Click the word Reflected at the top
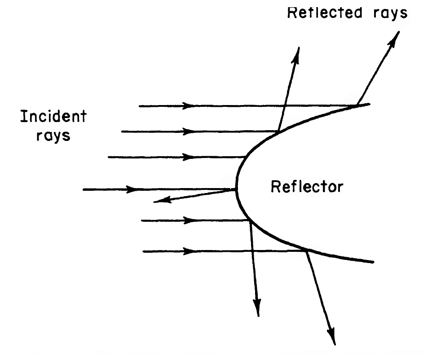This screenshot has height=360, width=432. (x=324, y=13)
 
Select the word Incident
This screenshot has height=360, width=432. (x=53, y=116)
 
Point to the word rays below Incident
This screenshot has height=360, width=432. (x=53, y=136)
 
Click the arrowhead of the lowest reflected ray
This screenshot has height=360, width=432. (x=331, y=336)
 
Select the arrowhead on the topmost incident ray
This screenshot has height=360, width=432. (x=188, y=105)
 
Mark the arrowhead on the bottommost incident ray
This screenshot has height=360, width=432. (x=189, y=251)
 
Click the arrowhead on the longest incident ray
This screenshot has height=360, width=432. (x=132, y=189)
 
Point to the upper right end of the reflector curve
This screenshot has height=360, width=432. (x=369, y=104)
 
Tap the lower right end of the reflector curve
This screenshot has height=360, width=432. (x=373, y=262)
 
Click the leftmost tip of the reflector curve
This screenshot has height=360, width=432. (x=237, y=185)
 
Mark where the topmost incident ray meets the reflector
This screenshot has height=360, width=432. (x=357, y=105)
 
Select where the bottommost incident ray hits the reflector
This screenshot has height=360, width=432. (x=306, y=250)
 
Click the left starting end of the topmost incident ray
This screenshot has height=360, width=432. (x=139, y=106)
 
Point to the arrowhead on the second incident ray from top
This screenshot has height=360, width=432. (x=188, y=132)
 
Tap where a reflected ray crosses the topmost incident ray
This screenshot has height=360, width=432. (x=285, y=105)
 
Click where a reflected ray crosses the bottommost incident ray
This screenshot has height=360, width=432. (x=252, y=251)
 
